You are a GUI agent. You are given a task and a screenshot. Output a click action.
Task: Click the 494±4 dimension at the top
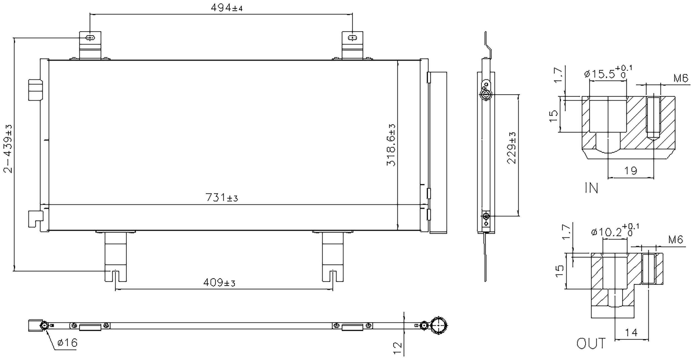227,8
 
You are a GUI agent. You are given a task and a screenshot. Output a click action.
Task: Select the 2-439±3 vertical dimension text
8,149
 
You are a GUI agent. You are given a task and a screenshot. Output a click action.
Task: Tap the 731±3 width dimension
222,197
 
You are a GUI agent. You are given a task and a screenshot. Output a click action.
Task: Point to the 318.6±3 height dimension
391,145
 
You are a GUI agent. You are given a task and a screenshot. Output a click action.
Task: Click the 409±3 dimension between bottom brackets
219,283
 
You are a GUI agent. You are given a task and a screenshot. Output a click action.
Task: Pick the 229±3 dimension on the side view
512,148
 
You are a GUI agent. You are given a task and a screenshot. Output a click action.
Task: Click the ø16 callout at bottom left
67,343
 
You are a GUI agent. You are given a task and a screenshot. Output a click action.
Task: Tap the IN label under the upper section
591,188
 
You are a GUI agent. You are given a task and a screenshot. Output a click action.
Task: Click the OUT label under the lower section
591,344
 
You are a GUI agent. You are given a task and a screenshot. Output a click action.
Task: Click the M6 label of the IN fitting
681,79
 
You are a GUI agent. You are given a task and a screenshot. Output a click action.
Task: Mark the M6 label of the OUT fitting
675,239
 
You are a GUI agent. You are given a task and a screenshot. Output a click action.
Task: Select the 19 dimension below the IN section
631,171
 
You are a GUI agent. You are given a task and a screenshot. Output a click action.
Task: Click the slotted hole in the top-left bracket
90,38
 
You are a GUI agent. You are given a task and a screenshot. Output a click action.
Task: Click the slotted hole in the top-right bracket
352,38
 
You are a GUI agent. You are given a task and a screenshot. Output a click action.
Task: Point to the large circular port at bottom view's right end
439,325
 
